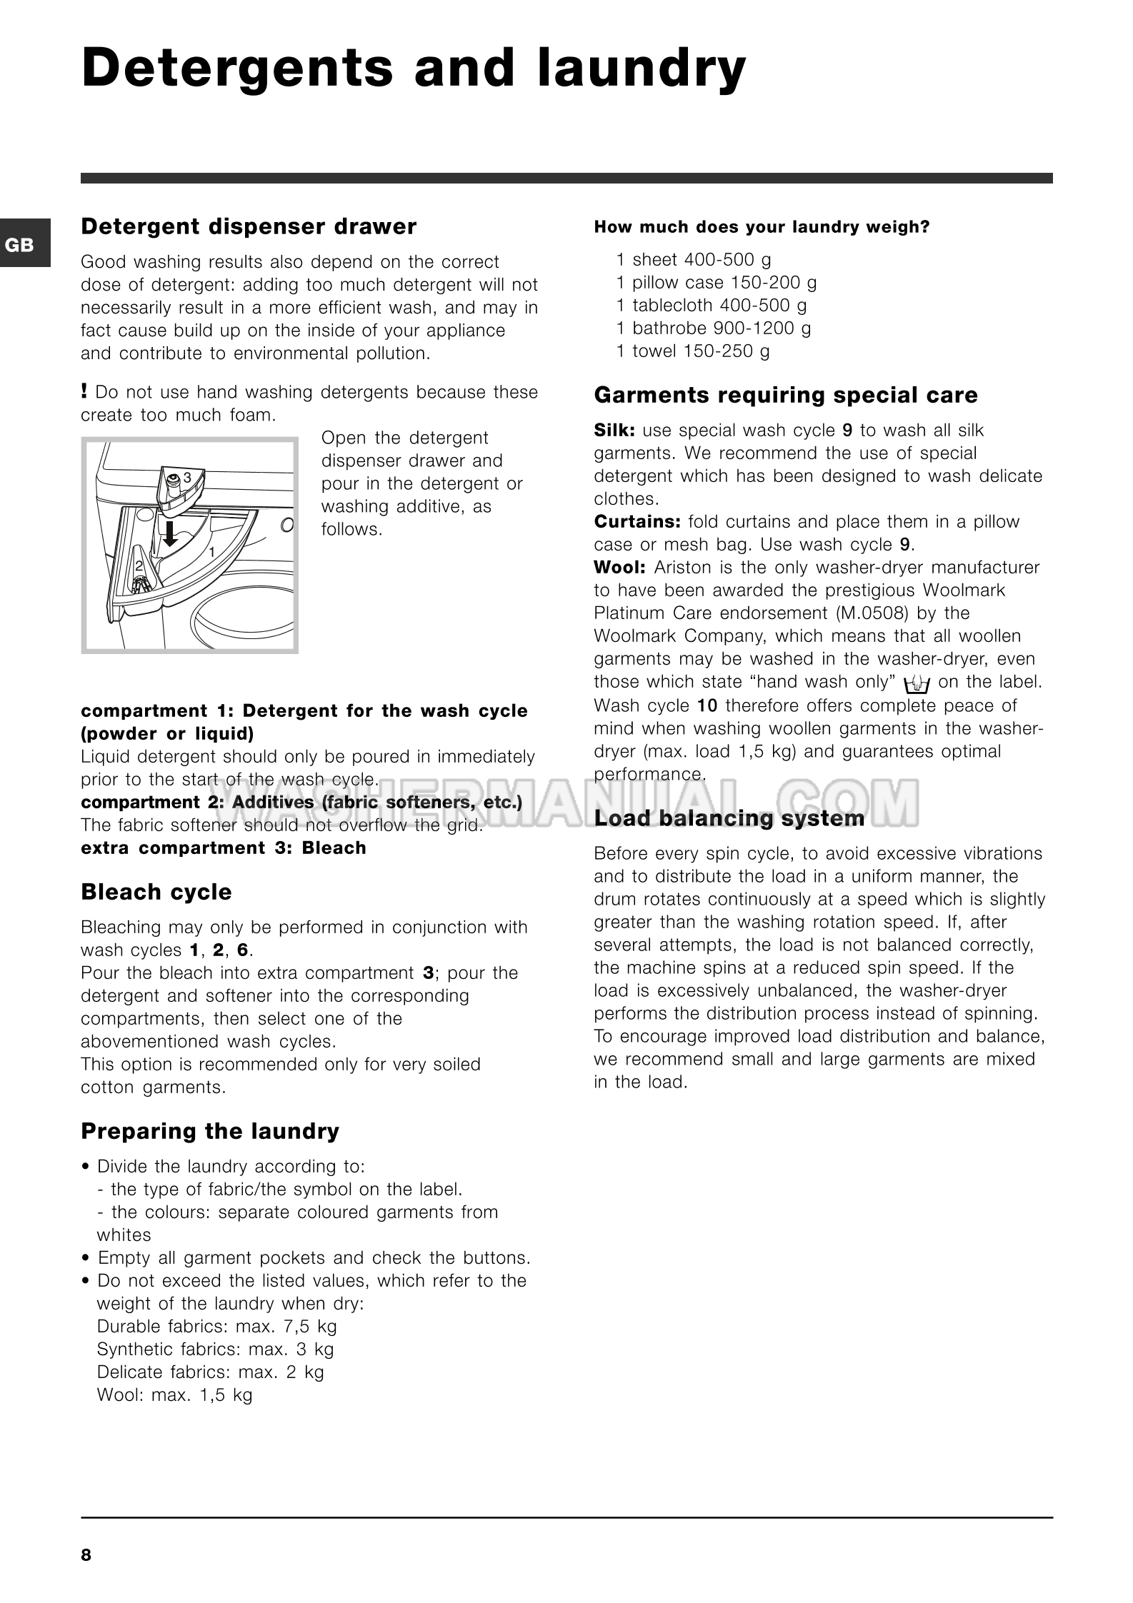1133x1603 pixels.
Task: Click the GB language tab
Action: (20, 245)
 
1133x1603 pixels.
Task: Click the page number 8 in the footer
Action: (86, 1554)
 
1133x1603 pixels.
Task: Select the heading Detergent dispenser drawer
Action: (249, 226)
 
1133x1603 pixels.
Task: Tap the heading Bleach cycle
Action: (156, 892)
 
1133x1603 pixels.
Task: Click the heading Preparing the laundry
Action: (210, 1131)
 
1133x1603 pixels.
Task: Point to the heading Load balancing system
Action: (729, 818)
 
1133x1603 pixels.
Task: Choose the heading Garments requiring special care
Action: (786, 395)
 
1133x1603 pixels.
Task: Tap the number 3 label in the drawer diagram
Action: (187, 476)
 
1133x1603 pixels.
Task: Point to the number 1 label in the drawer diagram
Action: (211, 552)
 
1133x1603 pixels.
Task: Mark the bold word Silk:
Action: (615, 431)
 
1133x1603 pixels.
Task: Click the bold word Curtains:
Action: (637, 522)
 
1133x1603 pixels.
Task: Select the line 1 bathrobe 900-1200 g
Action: (714, 328)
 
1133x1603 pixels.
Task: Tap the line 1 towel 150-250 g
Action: (693, 351)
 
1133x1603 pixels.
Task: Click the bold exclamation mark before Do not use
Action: (84, 391)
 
